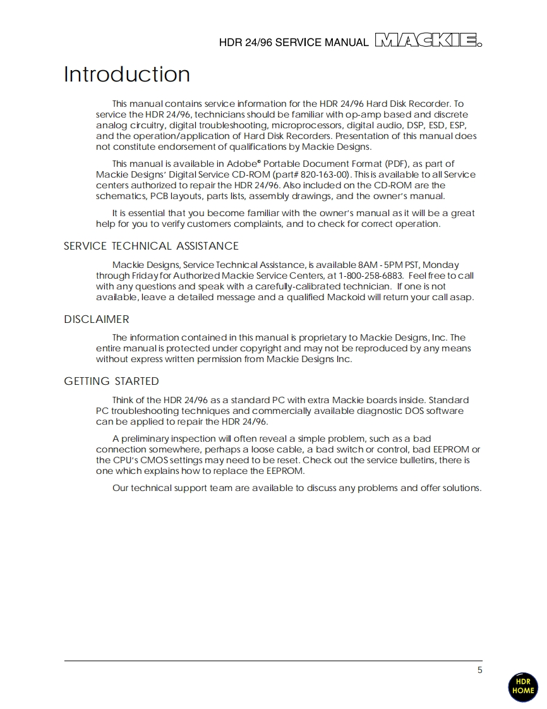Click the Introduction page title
(x=127, y=75)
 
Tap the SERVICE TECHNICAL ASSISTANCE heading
(x=151, y=246)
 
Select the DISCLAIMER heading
(x=96, y=319)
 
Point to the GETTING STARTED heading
(x=111, y=381)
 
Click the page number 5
(x=479, y=670)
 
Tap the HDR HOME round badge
(x=522, y=687)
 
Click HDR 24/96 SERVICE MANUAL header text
(x=293, y=43)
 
